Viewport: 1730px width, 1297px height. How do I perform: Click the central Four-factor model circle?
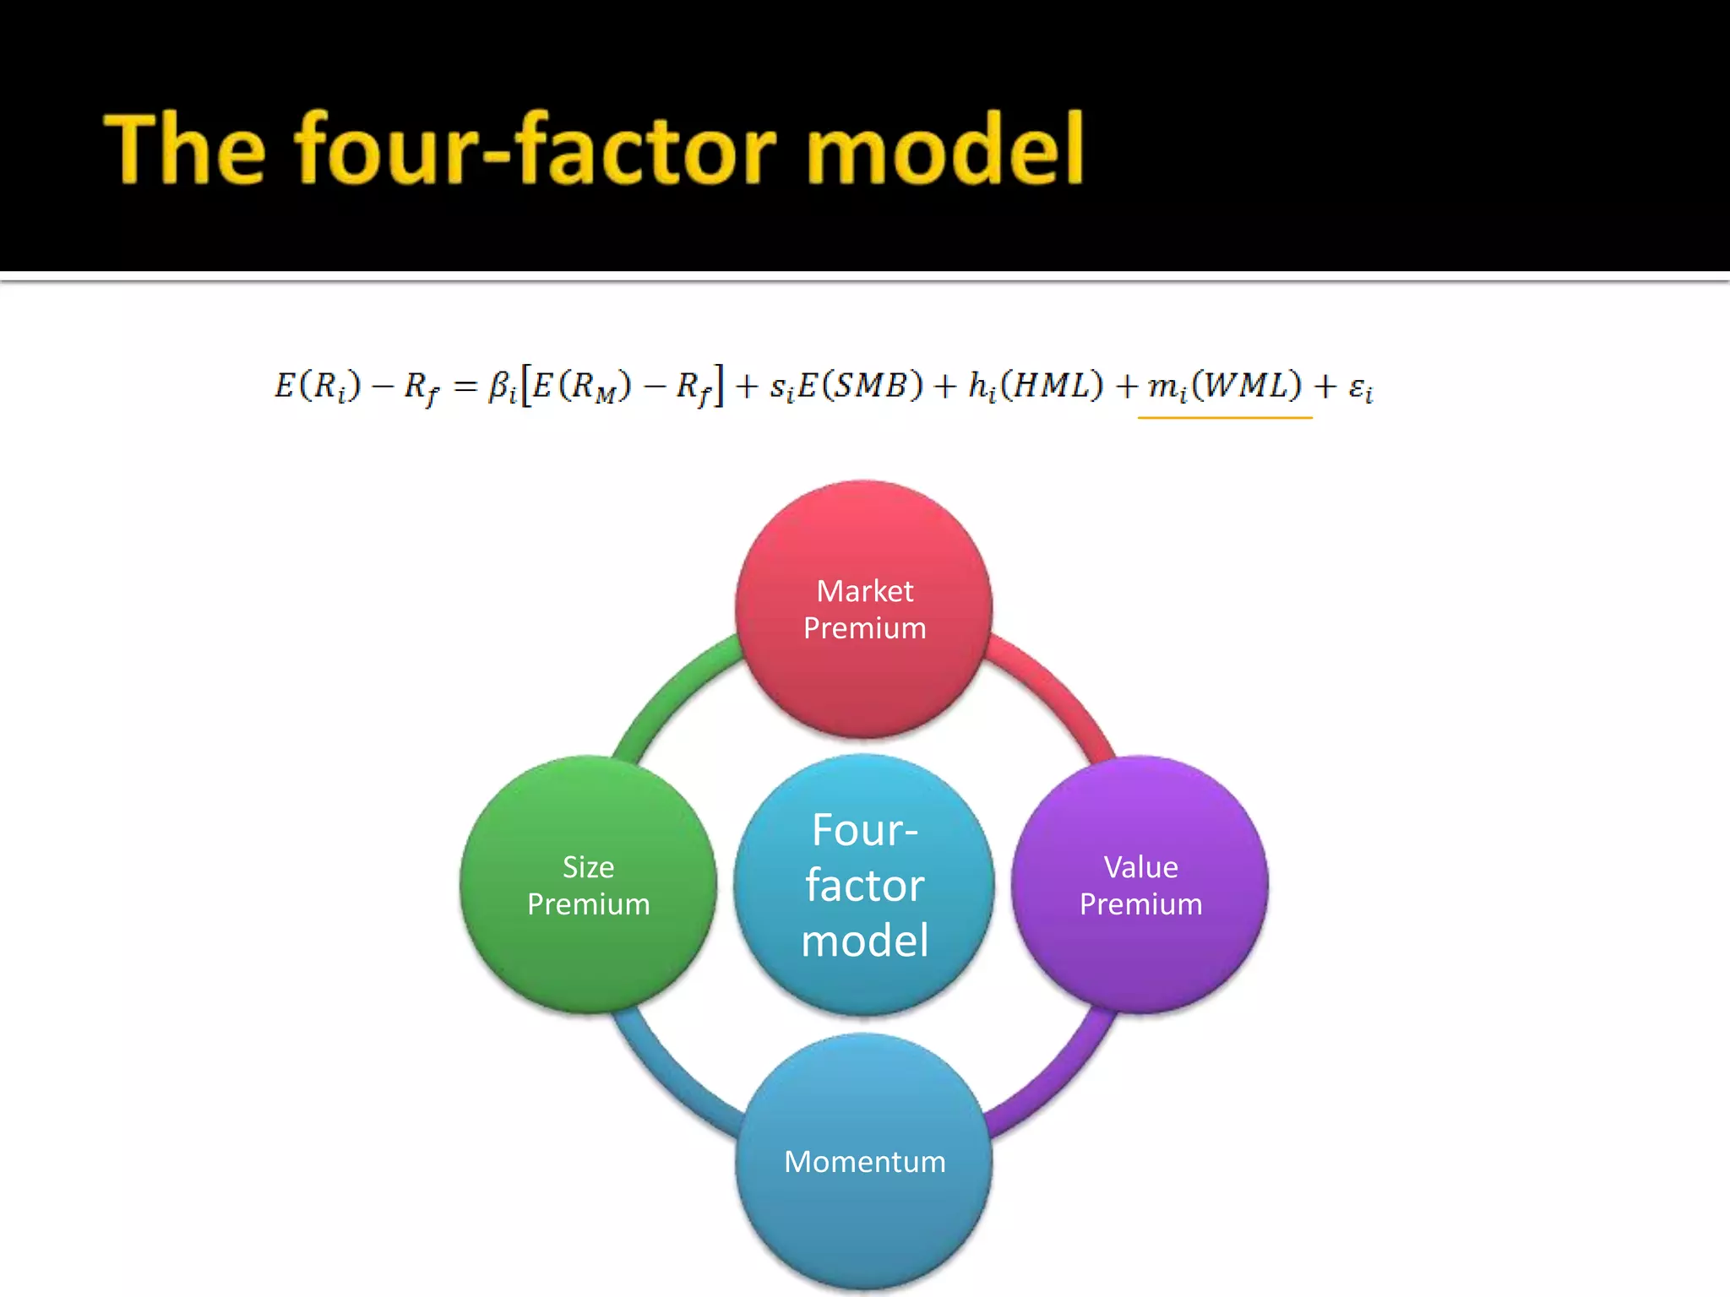click(x=863, y=885)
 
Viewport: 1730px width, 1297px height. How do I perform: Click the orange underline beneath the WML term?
click(x=1225, y=417)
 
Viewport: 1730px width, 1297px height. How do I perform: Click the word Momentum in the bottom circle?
click(x=864, y=1162)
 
